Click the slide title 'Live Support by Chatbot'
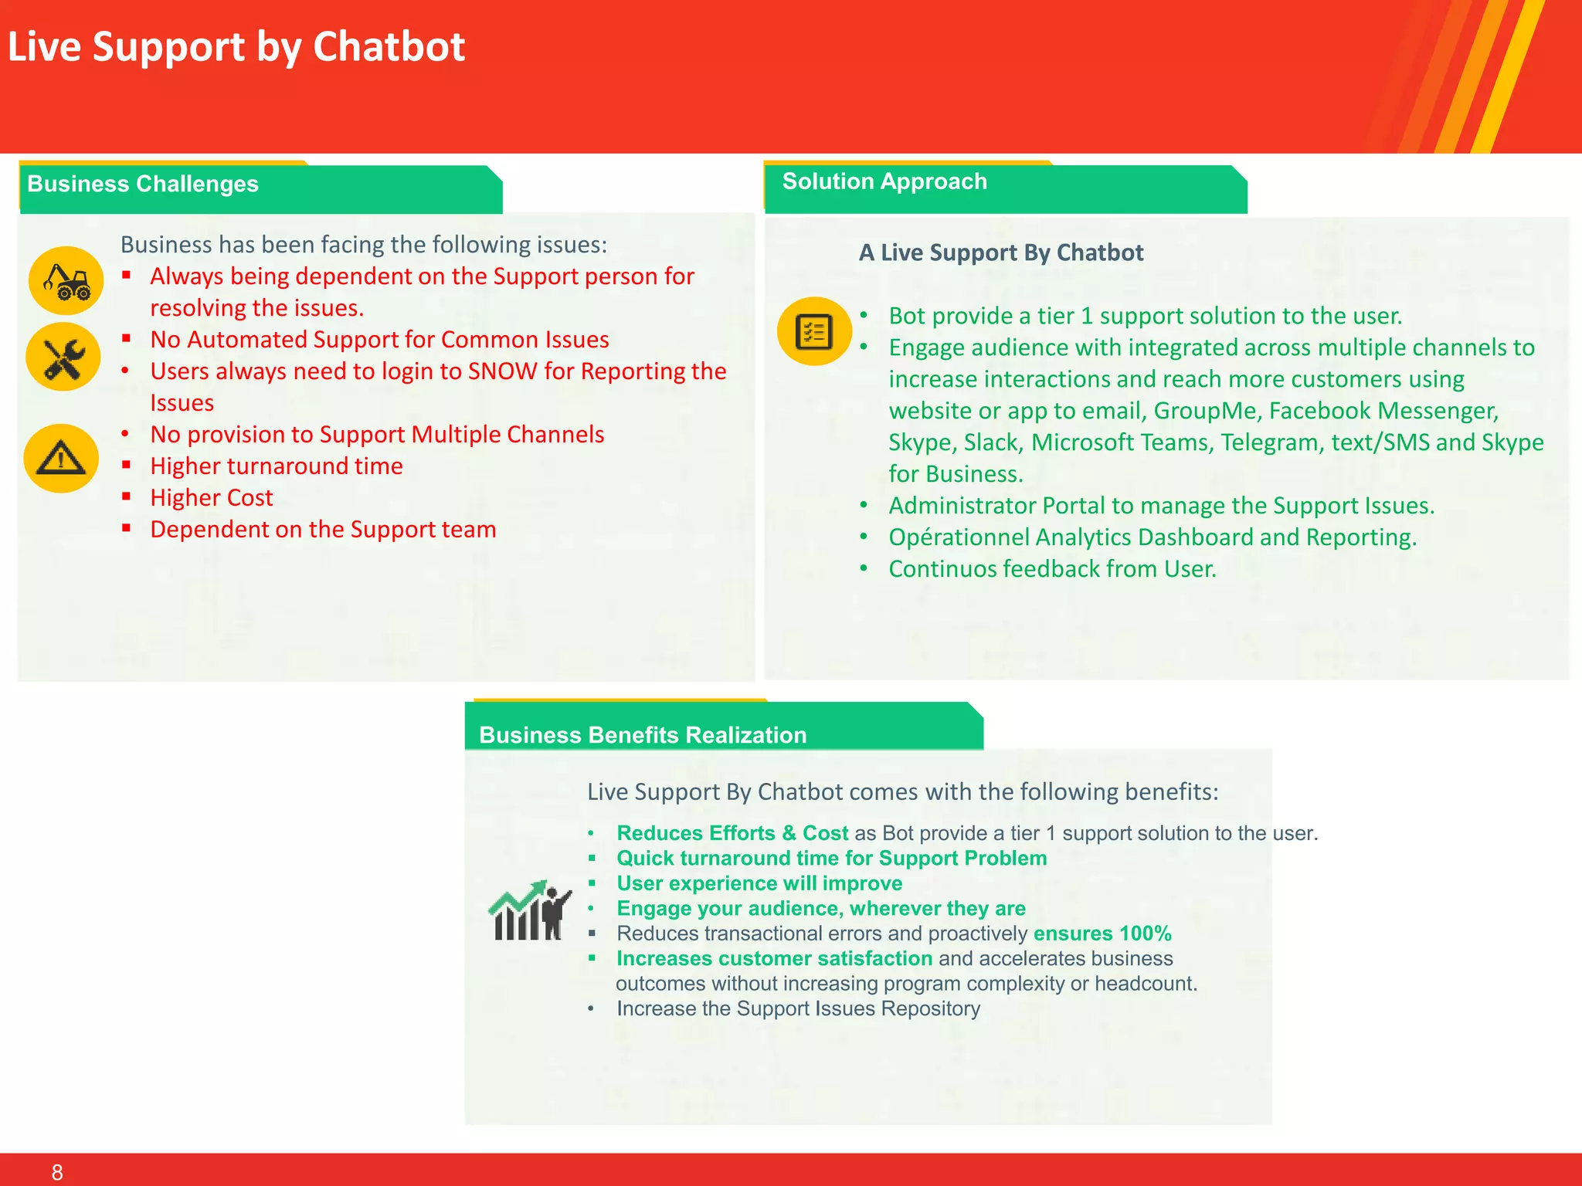coord(236,46)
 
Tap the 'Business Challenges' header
coord(143,184)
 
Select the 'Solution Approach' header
coord(884,181)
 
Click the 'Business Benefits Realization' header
coord(643,734)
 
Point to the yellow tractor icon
coord(66,280)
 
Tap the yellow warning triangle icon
coord(61,458)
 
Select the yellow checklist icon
coord(813,331)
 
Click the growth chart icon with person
coord(530,911)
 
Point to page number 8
coord(57,1172)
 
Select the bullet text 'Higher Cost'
coord(211,498)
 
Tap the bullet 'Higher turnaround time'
coord(276,466)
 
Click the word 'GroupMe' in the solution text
coord(1207,411)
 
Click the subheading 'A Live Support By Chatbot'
coord(1000,252)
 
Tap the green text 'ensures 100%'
coord(1102,934)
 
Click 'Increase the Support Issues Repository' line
coord(798,1008)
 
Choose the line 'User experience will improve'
coord(759,883)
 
